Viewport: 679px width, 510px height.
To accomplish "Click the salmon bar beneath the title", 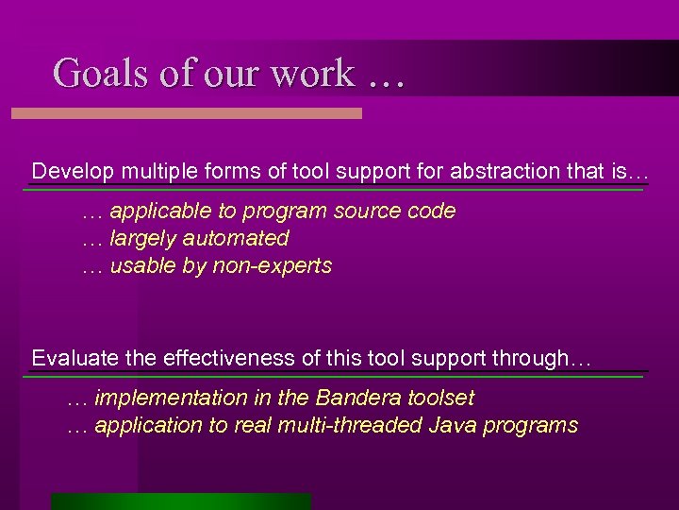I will [186, 113].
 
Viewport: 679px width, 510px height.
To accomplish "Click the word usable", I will [141, 266].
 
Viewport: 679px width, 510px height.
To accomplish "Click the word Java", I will [452, 426].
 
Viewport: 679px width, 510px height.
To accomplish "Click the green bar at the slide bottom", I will [180, 501].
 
